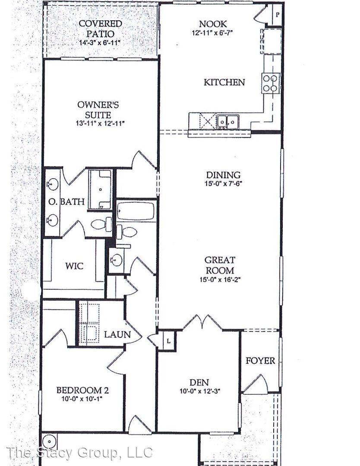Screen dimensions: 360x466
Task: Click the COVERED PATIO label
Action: point(100,28)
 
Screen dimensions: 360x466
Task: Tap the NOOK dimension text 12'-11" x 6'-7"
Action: point(212,32)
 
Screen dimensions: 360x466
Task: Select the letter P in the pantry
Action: point(278,14)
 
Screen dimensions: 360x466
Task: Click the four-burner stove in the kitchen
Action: point(271,83)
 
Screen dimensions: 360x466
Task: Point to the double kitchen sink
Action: point(228,122)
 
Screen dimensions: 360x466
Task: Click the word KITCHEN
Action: point(224,82)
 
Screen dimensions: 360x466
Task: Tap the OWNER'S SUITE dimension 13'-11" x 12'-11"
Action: point(100,123)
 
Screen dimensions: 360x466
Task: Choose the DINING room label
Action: point(223,175)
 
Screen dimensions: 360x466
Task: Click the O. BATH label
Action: point(66,202)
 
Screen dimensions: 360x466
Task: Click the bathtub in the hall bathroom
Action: point(136,211)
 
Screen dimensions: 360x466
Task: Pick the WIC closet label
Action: point(74,266)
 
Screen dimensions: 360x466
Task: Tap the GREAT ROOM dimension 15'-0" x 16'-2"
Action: point(220,280)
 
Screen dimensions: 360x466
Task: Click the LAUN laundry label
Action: point(117,334)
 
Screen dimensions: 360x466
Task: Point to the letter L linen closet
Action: point(168,341)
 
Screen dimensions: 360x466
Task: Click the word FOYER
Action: point(260,361)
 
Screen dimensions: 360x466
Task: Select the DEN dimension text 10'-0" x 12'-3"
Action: point(199,391)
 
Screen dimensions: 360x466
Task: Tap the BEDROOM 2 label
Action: point(82,390)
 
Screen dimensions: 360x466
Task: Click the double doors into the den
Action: point(203,322)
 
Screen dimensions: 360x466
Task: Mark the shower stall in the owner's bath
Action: point(101,189)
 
